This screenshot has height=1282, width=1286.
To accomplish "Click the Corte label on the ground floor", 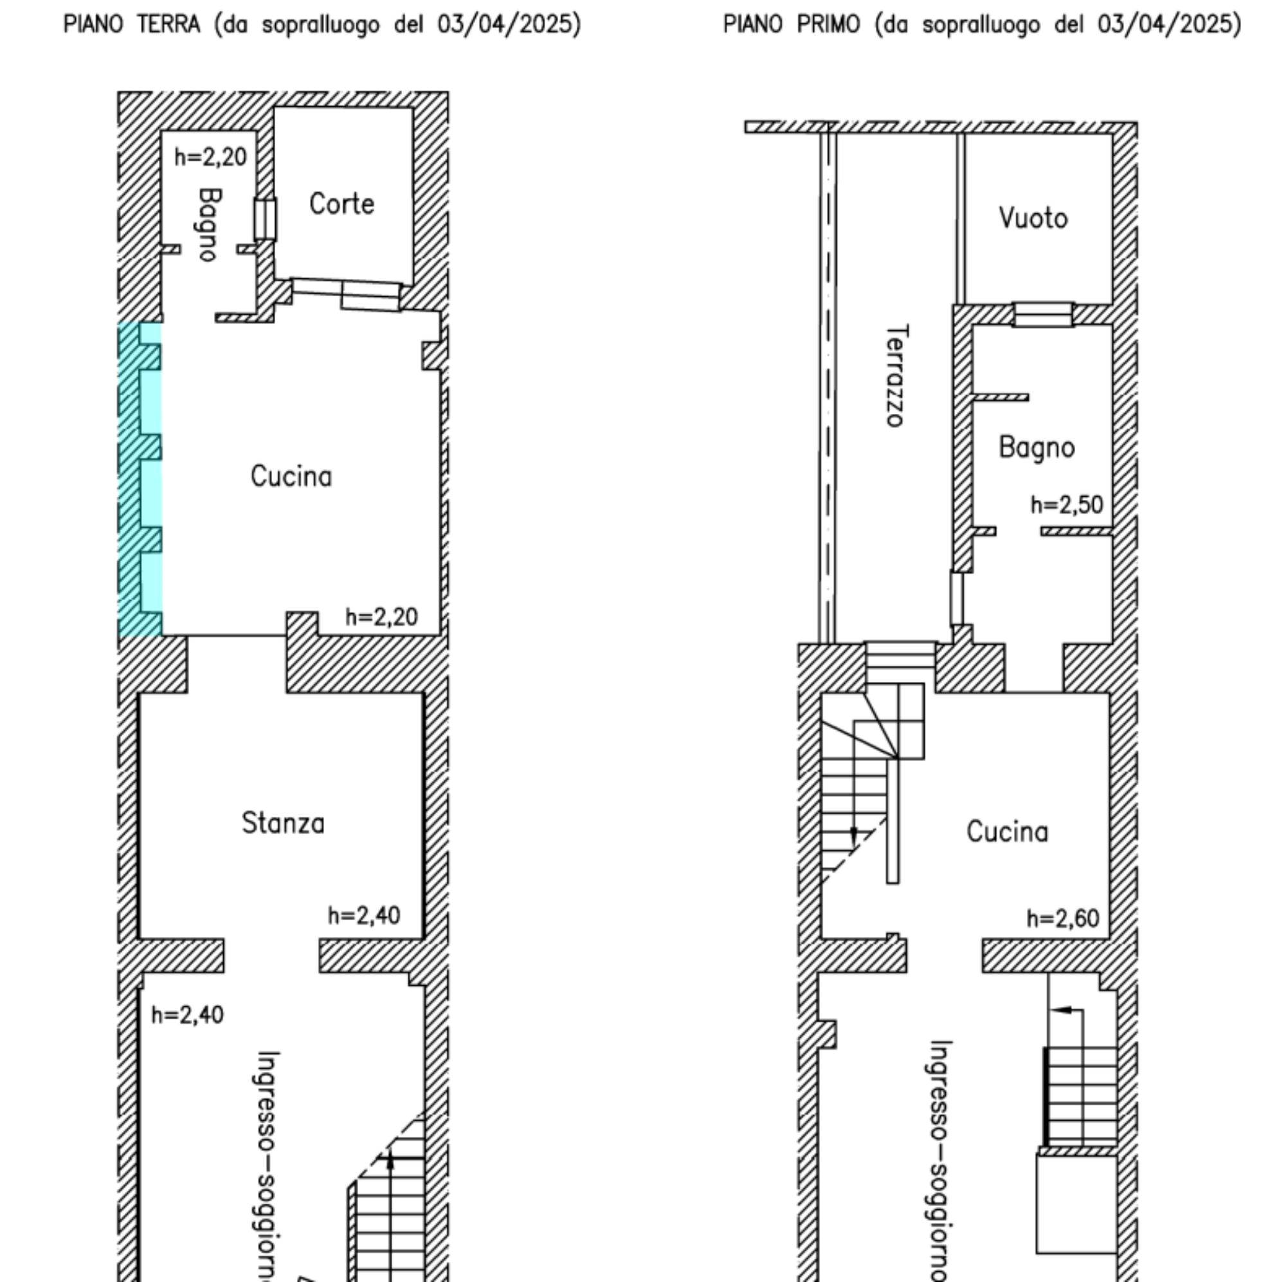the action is point(341,204).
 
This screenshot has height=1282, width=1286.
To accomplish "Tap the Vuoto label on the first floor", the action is point(1033,218).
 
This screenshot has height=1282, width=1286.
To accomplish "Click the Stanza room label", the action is point(283,823).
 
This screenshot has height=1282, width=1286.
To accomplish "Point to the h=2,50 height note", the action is point(1066,505).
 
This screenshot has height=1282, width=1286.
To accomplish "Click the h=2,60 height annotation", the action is point(1062,919).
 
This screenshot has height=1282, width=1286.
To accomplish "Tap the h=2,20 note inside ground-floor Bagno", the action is point(210,157).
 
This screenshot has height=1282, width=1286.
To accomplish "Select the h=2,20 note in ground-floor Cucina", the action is point(381,617).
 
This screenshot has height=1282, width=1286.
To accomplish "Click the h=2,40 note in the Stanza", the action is point(364,916).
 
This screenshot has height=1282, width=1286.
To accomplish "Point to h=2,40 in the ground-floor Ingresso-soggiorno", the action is point(188,1015).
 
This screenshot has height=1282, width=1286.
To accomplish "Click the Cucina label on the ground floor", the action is point(291,476).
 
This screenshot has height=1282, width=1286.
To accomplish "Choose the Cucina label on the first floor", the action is point(1007,832).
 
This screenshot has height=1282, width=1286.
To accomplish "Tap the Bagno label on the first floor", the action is point(1037,448).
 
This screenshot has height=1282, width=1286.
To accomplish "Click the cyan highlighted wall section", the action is point(140,479).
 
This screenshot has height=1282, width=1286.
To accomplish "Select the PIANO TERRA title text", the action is point(131,24).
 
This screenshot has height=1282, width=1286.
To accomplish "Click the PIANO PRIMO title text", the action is point(792,24).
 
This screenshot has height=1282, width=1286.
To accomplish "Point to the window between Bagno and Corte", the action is point(265,218).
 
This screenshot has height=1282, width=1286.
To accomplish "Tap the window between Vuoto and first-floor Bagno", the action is point(1043,314).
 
